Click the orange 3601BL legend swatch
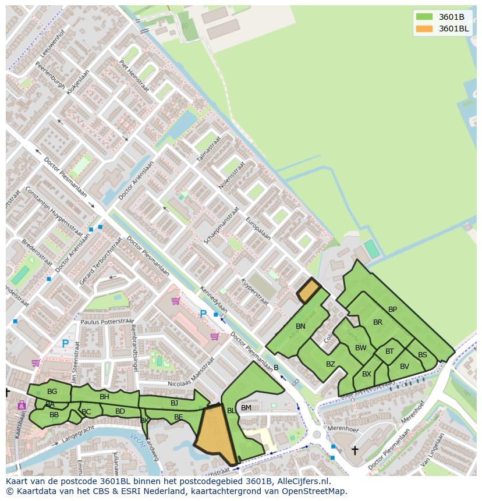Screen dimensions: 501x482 (x=424, y=29)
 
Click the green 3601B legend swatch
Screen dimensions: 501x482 (x=424, y=16)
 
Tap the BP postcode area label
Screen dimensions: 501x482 (x=392, y=310)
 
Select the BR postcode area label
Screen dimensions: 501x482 (x=378, y=322)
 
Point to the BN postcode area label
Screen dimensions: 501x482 (x=300, y=326)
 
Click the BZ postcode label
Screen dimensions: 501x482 (x=331, y=364)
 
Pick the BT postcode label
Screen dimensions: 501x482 (x=389, y=351)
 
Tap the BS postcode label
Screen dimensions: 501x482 (x=423, y=355)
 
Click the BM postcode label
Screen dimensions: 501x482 (x=246, y=408)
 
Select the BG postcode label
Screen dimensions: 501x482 (x=52, y=392)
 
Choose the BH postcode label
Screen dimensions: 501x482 (x=104, y=397)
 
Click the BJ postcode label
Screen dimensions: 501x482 (x=174, y=403)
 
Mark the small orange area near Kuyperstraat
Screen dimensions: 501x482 (x=309, y=290)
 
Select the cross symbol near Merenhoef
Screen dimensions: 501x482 (x=355, y=450)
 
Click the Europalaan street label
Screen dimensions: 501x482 (x=258, y=229)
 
